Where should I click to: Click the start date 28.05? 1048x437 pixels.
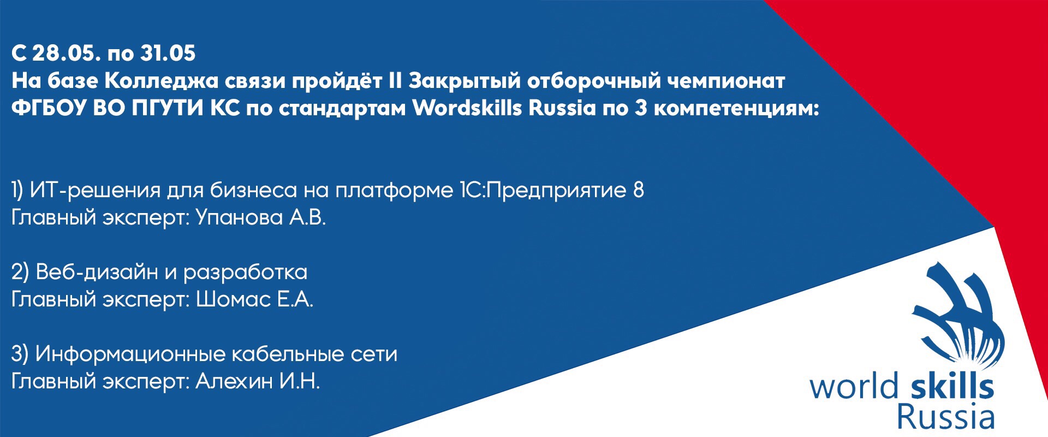click(65, 54)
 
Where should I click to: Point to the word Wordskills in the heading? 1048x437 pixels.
click(467, 108)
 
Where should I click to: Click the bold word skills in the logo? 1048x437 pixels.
click(952, 386)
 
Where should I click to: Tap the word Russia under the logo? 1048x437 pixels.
click(945, 418)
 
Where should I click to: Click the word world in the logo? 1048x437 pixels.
click(853, 386)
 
